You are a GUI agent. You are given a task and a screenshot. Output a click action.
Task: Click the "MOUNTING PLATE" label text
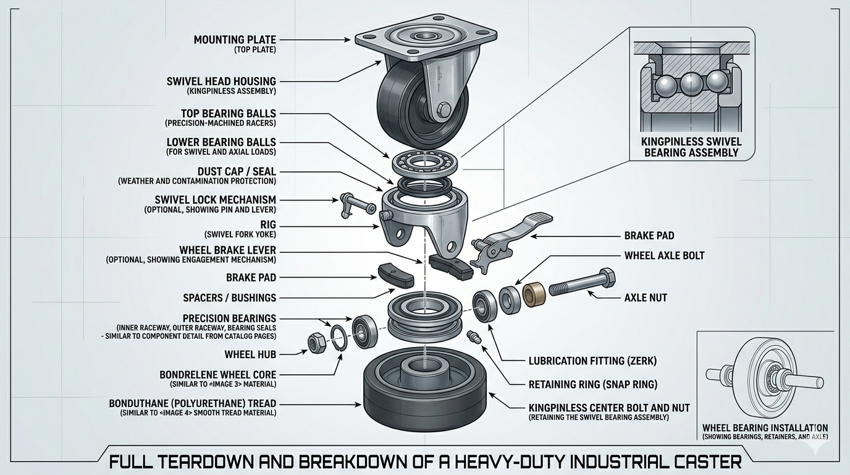[235, 40]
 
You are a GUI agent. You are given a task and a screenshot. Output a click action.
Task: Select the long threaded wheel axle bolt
[581, 286]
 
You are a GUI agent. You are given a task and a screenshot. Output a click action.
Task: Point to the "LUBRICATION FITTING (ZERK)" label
[592, 361]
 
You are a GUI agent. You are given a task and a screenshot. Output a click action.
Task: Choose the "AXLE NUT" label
[646, 297]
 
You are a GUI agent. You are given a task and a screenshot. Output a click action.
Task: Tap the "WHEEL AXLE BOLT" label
[664, 255]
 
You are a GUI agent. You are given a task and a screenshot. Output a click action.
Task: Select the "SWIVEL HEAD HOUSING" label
[221, 81]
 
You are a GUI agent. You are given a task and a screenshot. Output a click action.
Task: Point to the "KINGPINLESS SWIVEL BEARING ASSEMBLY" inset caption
[691, 147]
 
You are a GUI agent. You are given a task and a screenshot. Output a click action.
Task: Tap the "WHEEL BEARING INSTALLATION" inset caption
[765, 427]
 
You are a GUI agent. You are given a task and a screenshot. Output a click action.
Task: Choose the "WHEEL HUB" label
[250, 354]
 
